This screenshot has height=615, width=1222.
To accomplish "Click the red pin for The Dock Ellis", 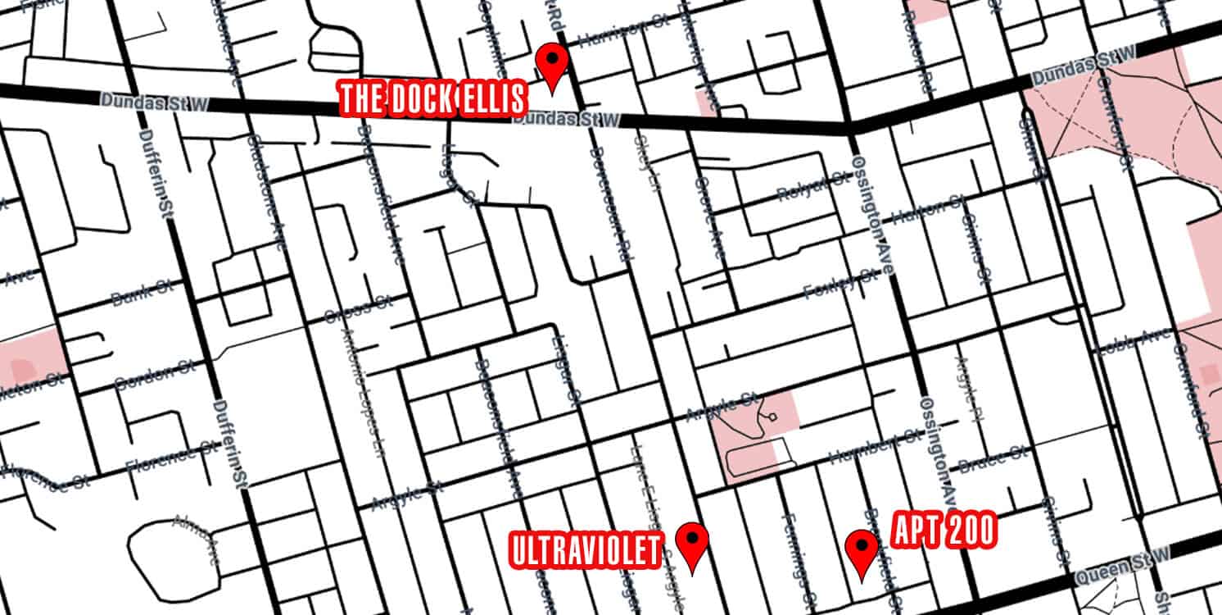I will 551,64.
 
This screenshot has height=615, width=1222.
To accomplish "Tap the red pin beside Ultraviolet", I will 694,543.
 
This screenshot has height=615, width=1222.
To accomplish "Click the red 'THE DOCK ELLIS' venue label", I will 433,99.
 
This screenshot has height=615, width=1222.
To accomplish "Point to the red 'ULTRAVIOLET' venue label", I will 585,550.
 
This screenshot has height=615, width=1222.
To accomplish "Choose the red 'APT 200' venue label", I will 943,532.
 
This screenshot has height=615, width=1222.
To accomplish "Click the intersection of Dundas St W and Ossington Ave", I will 850,128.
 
